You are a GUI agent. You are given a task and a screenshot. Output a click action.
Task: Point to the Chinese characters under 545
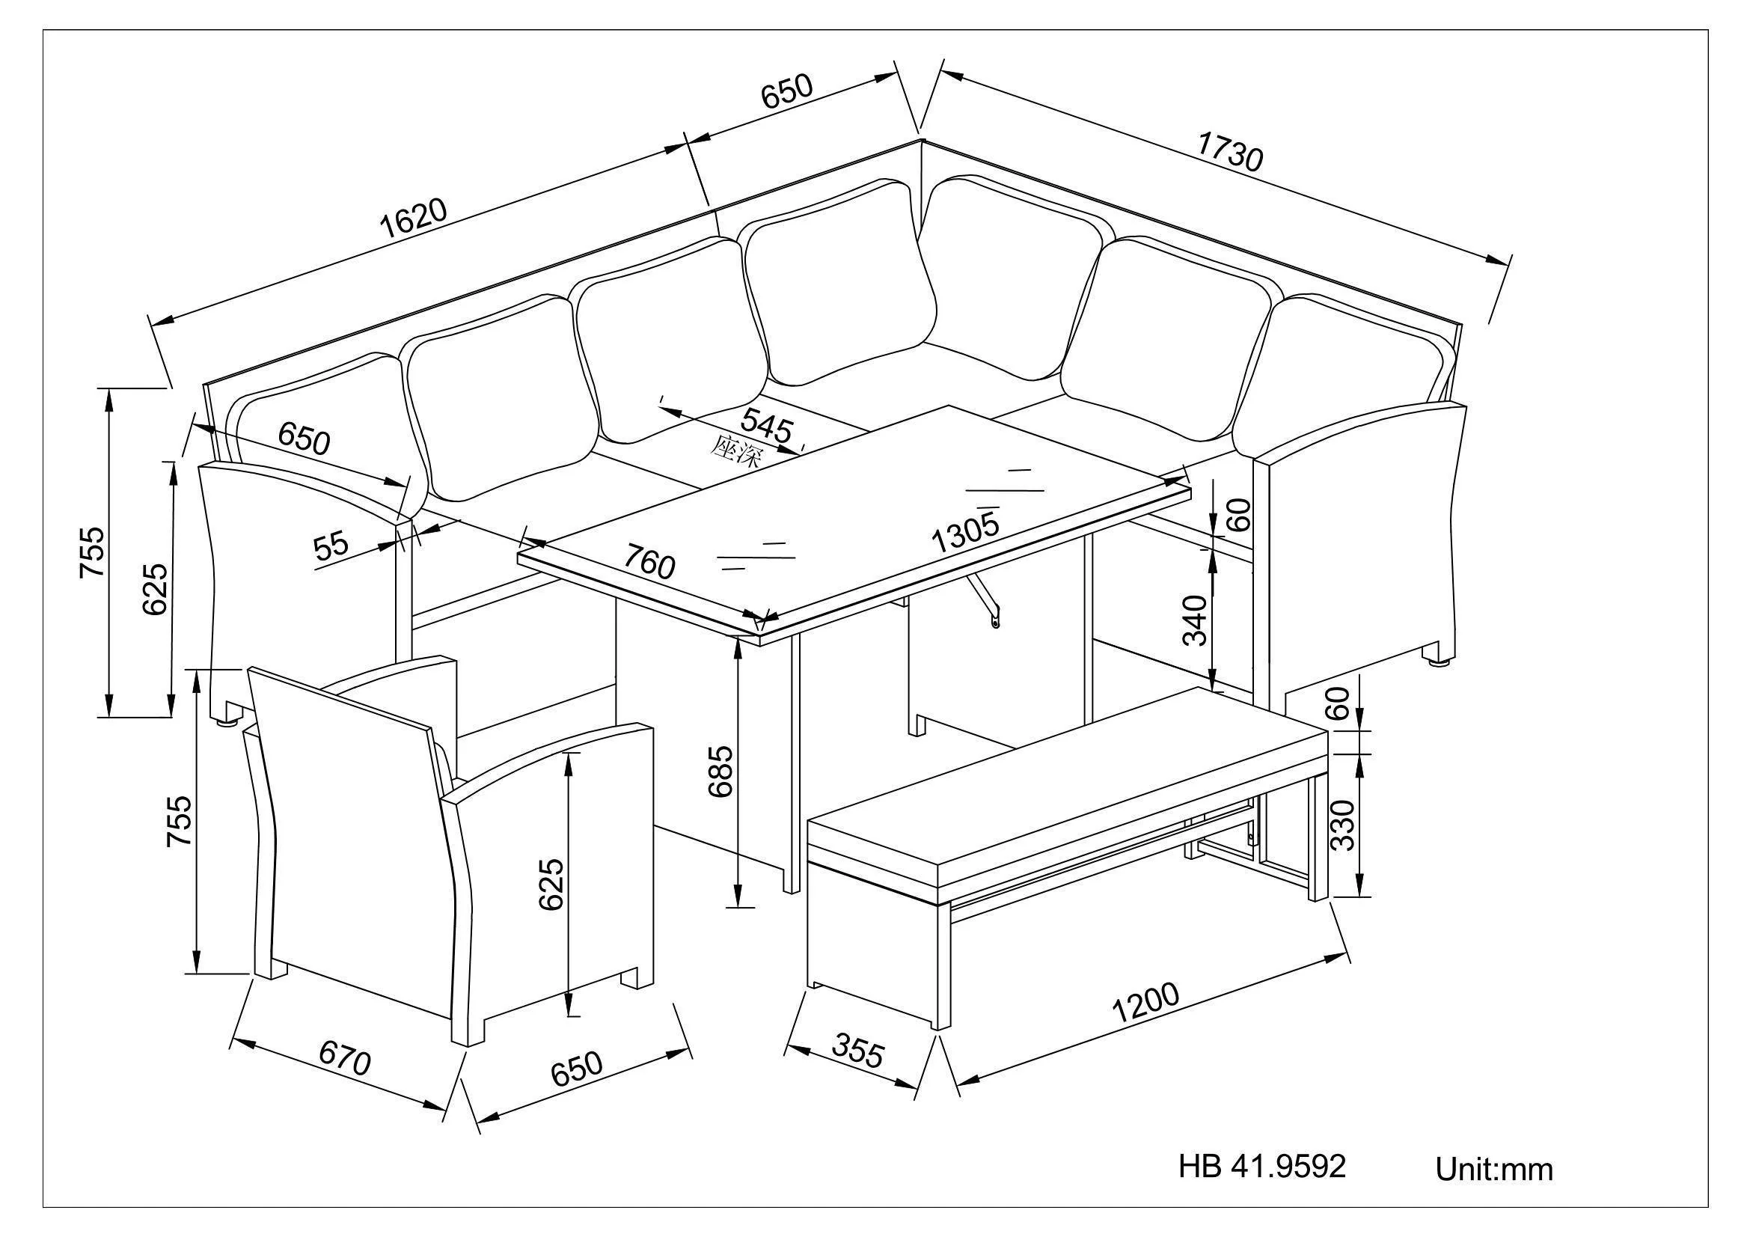click(x=736, y=451)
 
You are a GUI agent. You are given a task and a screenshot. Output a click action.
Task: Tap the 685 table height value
click(x=721, y=772)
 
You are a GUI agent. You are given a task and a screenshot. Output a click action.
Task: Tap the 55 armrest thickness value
click(x=331, y=546)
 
